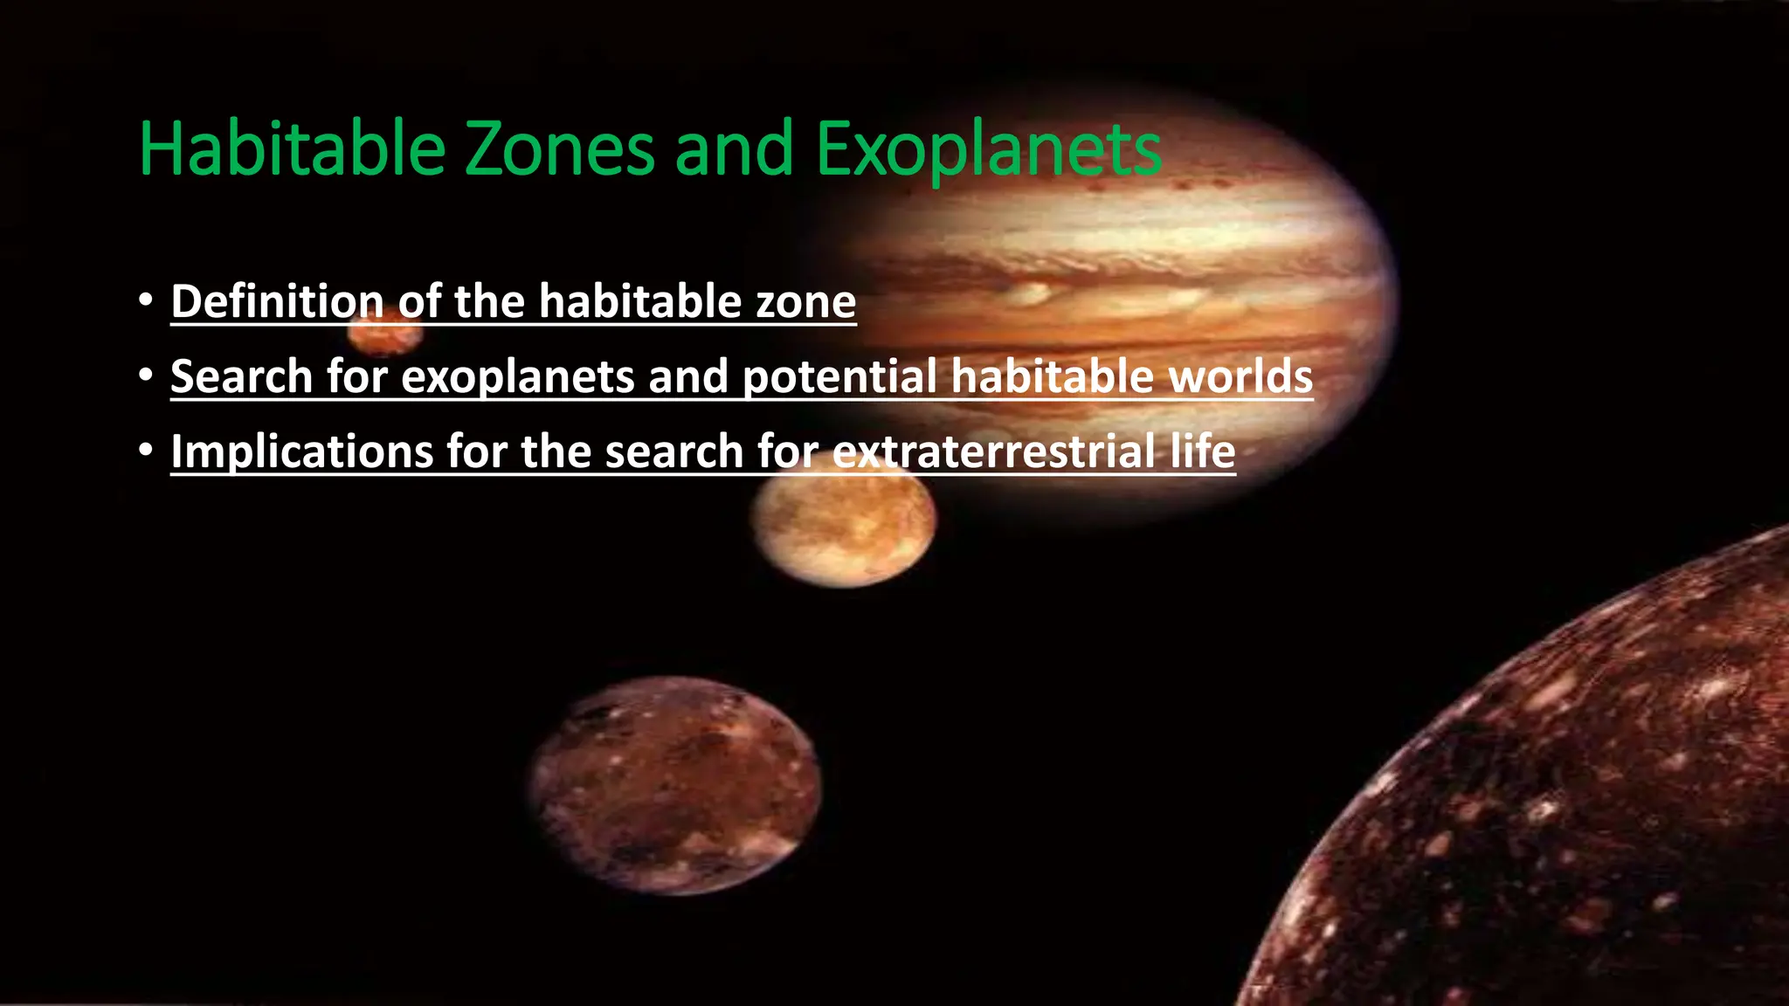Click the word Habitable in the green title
(x=293, y=149)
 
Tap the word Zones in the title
(x=559, y=149)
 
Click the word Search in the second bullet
(x=241, y=376)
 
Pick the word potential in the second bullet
(x=839, y=377)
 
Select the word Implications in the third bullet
(x=301, y=452)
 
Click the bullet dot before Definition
(x=146, y=300)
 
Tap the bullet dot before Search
(x=146, y=375)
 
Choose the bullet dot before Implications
(x=146, y=450)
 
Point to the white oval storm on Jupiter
(x=1031, y=293)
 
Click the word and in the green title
(x=734, y=149)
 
